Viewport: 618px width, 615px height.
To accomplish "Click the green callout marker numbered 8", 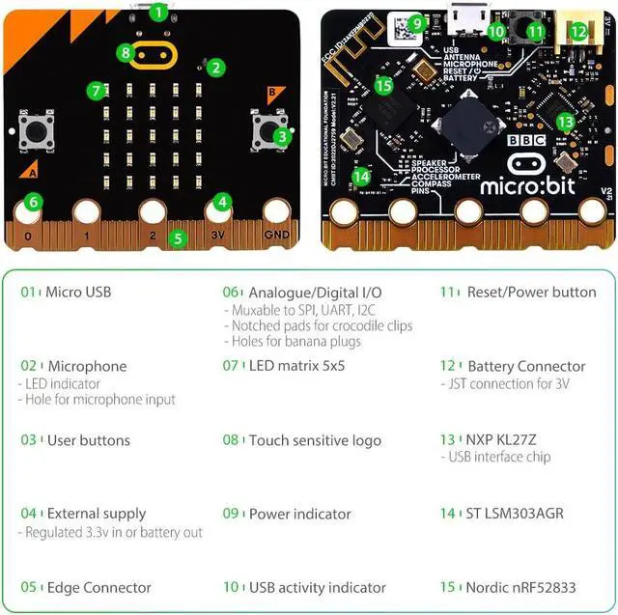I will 126,51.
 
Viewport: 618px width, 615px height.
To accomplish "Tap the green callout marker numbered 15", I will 383,86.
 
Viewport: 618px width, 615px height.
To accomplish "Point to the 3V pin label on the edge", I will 219,235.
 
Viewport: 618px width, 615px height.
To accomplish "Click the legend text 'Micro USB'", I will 78,292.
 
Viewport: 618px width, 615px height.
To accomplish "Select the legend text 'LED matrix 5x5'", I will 296,366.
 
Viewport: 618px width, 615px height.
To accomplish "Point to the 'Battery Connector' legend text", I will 526,366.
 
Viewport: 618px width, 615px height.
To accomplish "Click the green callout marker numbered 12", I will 577,32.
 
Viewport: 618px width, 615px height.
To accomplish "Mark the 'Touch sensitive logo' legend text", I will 315,440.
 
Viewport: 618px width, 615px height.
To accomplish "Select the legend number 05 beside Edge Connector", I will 29,587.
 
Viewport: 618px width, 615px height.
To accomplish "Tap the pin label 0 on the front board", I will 28,235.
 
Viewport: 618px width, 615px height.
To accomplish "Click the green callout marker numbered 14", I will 361,177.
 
